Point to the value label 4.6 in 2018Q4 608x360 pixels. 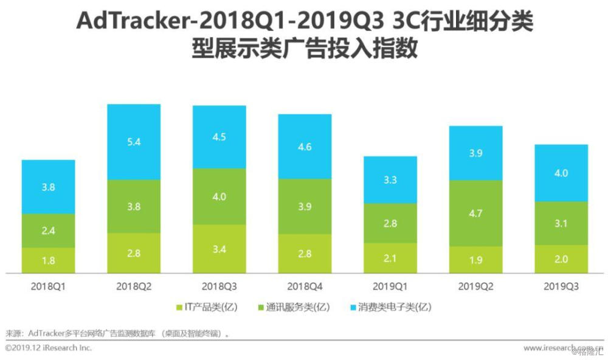pyautogui.click(x=305, y=146)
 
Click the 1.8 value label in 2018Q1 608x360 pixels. pyautogui.click(x=48, y=260)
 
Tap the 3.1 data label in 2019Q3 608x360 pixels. pyautogui.click(x=561, y=224)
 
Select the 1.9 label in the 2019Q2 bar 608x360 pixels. pyautogui.click(x=475, y=260)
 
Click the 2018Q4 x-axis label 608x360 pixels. pyautogui.click(x=305, y=286)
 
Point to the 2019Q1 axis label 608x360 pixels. pyautogui.click(x=390, y=286)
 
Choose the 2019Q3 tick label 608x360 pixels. pyautogui.click(x=561, y=286)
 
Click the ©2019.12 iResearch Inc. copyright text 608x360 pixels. pyautogui.click(x=48, y=348)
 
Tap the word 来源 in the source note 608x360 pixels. pyautogui.click(x=13, y=333)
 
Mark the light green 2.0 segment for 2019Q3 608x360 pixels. pyautogui.click(x=561, y=259)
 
